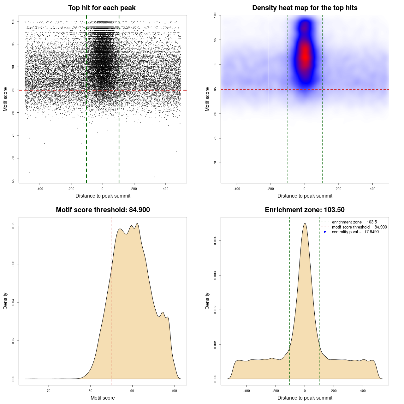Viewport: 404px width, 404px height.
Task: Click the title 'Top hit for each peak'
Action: click(102, 8)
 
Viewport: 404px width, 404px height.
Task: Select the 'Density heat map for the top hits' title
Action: click(305, 8)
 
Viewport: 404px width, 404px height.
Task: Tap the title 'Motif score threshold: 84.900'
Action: click(103, 210)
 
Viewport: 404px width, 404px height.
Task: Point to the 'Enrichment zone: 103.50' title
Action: click(305, 210)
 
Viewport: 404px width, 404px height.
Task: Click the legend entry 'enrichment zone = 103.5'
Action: click(354, 222)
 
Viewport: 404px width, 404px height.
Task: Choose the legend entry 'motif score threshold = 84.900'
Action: click(359, 227)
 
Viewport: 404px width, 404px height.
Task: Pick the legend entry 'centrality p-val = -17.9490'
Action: click(355, 232)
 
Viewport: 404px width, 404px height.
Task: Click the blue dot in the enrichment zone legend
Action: click(325, 232)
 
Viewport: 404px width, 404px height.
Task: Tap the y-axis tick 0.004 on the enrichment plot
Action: click(215, 241)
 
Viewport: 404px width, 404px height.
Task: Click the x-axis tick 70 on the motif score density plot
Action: click(49, 391)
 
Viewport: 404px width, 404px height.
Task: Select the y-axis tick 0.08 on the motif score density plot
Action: click(13, 226)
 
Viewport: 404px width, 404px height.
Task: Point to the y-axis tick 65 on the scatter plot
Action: click(13, 181)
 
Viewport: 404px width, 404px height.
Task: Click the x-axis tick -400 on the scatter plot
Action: click(40, 189)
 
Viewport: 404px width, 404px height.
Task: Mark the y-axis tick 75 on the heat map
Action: click(215, 138)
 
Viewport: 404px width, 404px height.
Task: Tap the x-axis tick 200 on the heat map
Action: click(339, 189)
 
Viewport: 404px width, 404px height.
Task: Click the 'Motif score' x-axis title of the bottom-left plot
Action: click(103, 398)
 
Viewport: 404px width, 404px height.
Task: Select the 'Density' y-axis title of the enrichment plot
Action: click(207, 301)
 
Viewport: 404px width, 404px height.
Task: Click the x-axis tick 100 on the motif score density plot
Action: click(174, 391)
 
